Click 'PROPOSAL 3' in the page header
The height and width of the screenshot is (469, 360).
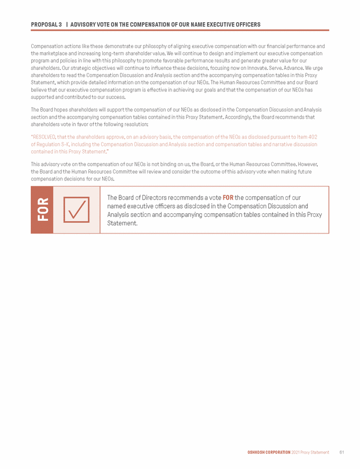pyautogui.click(x=46, y=25)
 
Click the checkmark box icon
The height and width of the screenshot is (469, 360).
pyautogui.click(x=76, y=210)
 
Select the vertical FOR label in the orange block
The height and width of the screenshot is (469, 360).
pyautogui.click(x=42, y=210)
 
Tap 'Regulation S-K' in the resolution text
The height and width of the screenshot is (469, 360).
pyautogui.click(x=52, y=144)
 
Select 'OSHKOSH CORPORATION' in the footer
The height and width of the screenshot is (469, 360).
pyautogui.click(x=269, y=452)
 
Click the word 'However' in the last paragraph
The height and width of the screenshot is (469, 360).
pyautogui.click(x=308, y=165)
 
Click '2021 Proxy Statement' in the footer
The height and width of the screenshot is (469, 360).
pyautogui.click(x=310, y=452)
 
